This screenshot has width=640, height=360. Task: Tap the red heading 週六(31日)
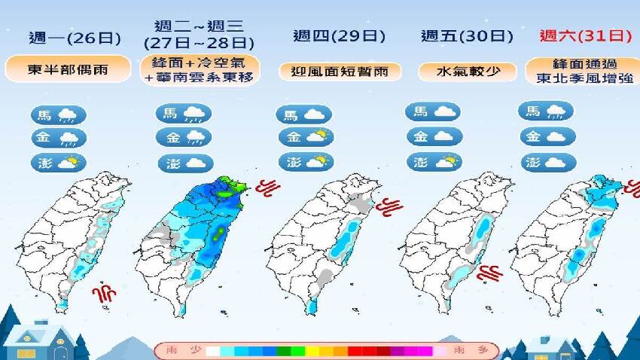(584, 35)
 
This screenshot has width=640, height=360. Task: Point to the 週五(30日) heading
(467, 36)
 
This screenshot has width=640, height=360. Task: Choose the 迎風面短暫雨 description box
(340, 72)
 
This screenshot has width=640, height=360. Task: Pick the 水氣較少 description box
(467, 72)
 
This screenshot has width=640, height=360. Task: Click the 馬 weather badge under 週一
(57, 115)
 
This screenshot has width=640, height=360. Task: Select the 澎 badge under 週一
(57, 163)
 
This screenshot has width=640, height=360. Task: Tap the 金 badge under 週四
(305, 137)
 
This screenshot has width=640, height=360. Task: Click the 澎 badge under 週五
(434, 161)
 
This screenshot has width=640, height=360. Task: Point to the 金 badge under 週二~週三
(183, 137)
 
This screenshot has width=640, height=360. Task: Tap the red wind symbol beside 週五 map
(493, 271)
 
